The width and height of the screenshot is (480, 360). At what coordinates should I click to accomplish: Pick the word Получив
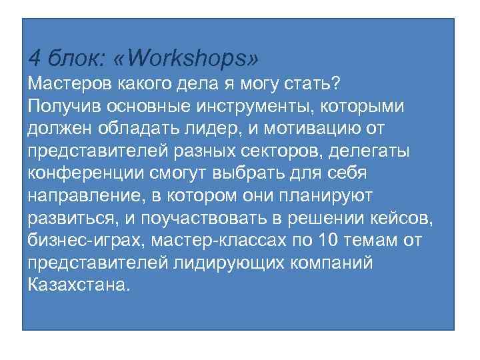tap(62, 107)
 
